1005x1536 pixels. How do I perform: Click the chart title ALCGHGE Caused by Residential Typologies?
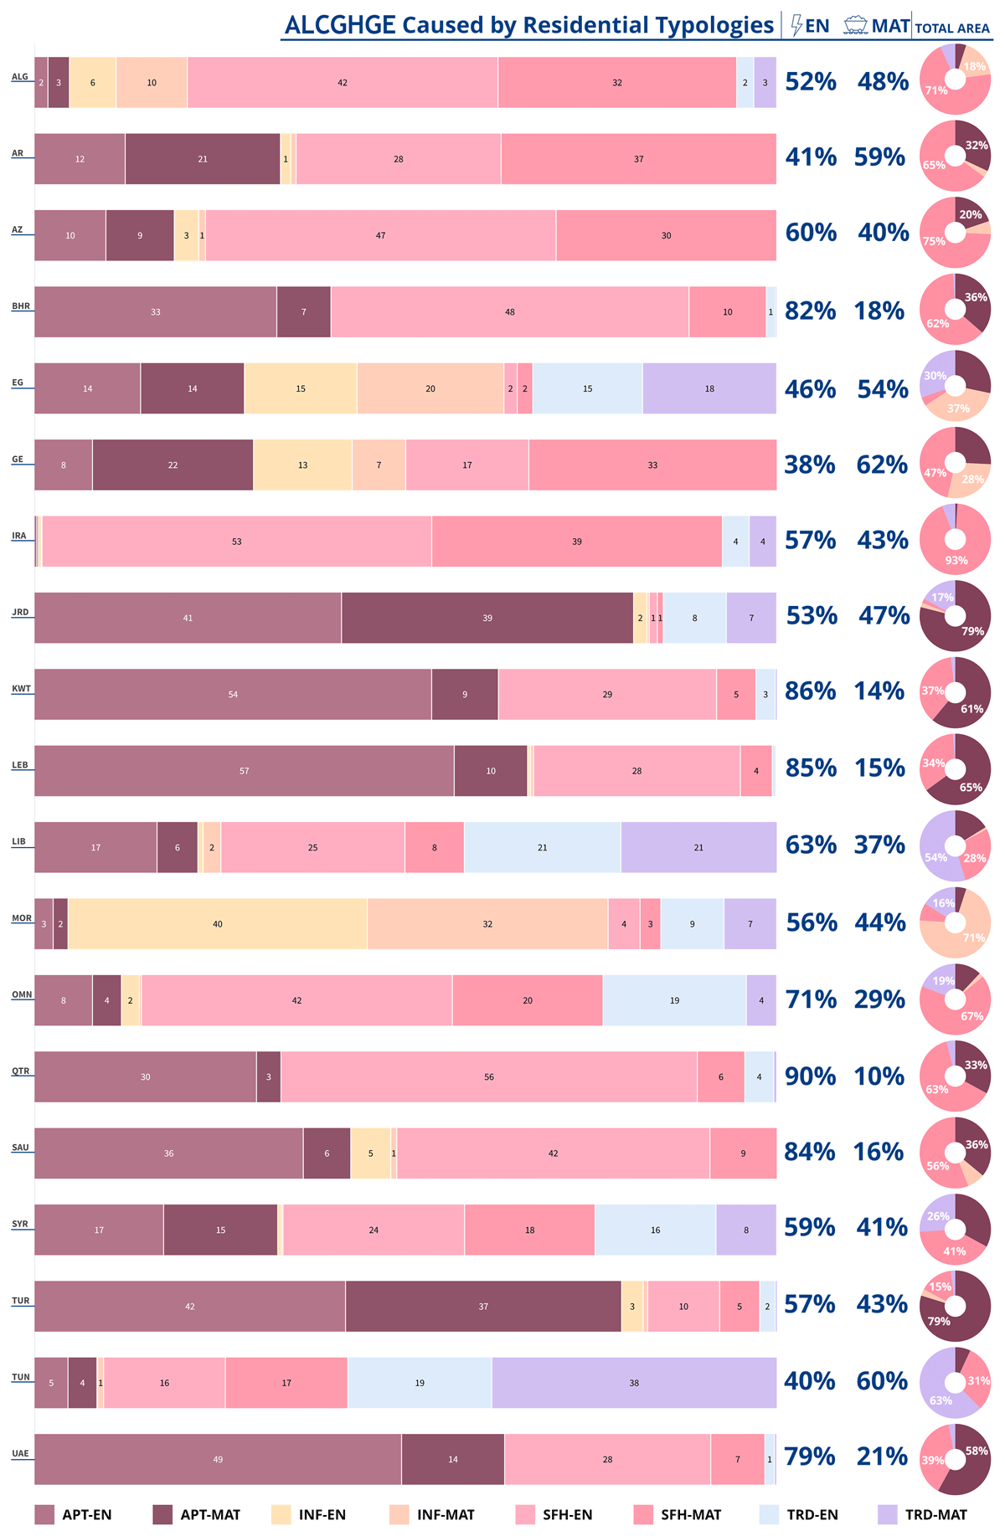(528, 25)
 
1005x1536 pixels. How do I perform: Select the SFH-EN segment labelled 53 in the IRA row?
(237, 542)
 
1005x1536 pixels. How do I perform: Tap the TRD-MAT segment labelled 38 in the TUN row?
(634, 1383)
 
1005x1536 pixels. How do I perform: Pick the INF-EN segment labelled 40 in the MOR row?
(218, 924)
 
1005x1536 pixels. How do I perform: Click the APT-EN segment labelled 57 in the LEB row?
(244, 771)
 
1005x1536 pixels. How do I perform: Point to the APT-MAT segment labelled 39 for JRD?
(487, 618)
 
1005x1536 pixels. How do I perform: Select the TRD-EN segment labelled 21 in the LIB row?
(543, 847)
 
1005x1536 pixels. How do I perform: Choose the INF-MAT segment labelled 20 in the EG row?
(430, 388)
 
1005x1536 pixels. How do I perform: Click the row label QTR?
(20, 1071)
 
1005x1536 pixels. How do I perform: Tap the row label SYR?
(20, 1224)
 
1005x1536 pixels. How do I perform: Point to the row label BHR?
(21, 306)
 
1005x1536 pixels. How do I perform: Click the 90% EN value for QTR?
(810, 1076)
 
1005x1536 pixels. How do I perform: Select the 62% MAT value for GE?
(881, 465)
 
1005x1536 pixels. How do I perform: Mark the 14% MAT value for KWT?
(879, 691)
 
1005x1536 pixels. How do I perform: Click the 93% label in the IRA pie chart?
(956, 560)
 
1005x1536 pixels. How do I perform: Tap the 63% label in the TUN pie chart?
(941, 1400)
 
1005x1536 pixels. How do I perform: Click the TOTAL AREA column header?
(952, 28)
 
